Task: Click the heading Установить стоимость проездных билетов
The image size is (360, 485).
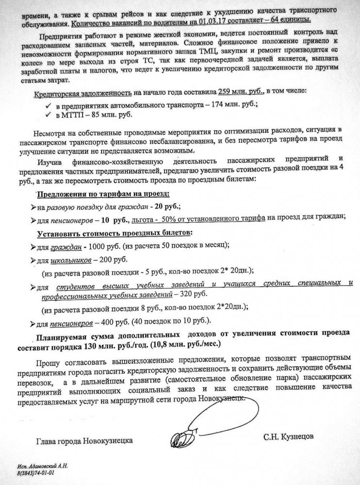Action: [115, 233]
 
